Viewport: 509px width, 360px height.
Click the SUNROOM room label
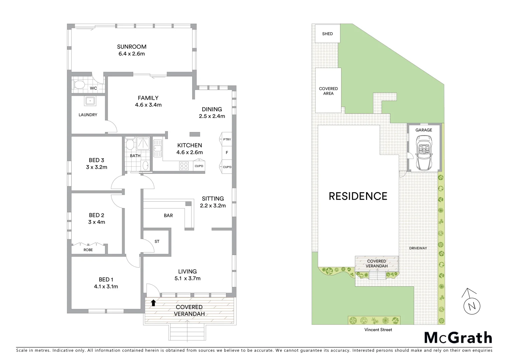pyautogui.click(x=132, y=47)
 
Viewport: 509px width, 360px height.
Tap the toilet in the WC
pyautogui.click(x=79, y=85)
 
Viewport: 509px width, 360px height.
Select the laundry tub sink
pyautogui.click(x=89, y=101)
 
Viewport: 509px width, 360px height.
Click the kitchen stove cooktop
pyautogui.click(x=184, y=166)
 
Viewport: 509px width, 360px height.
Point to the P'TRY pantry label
pyautogui.click(x=227, y=139)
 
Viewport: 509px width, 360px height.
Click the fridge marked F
pyautogui.click(x=227, y=153)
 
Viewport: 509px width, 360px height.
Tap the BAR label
pyautogui.click(x=168, y=216)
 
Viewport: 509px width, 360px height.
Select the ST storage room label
pyautogui.click(x=157, y=241)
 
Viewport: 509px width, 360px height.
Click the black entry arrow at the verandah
pyautogui.click(x=153, y=303)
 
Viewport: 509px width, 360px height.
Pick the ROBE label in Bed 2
pyautogui.click(x=88, y=250)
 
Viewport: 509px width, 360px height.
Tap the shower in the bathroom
pyautogui.click(x=144, y=144)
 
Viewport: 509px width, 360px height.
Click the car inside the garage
pyautogui.click(x=423, y=153)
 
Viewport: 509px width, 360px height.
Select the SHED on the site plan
pyautogui.click(x=327, y=34)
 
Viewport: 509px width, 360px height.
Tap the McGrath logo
pyautogui.click(x=458, y=338)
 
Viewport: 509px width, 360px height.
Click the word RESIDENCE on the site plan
pyautogui.click(x=358, y=196)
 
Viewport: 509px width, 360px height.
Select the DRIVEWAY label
pyautogui.click(x=418, y=248)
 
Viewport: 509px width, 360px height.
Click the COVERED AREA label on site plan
pyautogui.click(x=328, y=91)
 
